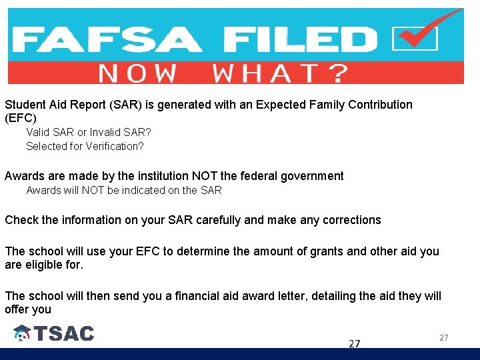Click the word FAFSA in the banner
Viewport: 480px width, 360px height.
pyautogui.click(x=107, y=39)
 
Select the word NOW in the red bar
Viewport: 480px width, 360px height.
pyautogui.click(x=137, y=73)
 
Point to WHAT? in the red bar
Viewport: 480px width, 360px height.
pyautogui.click(x=280, y=73)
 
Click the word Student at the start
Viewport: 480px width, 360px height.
pyautogui.click(x=25, y=105)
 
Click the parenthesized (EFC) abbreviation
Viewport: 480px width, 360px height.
pyautogui.click(x=21, y=118)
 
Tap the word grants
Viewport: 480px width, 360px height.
pyautogui.click(x=301, y=251)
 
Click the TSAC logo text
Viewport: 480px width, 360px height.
pyautogui.click(x=65, y=333)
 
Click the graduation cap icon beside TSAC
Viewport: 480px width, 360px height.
pyautogui.click(x=22, y=333)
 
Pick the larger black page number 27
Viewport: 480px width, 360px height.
pyautogui.click(x=355, y=343)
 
